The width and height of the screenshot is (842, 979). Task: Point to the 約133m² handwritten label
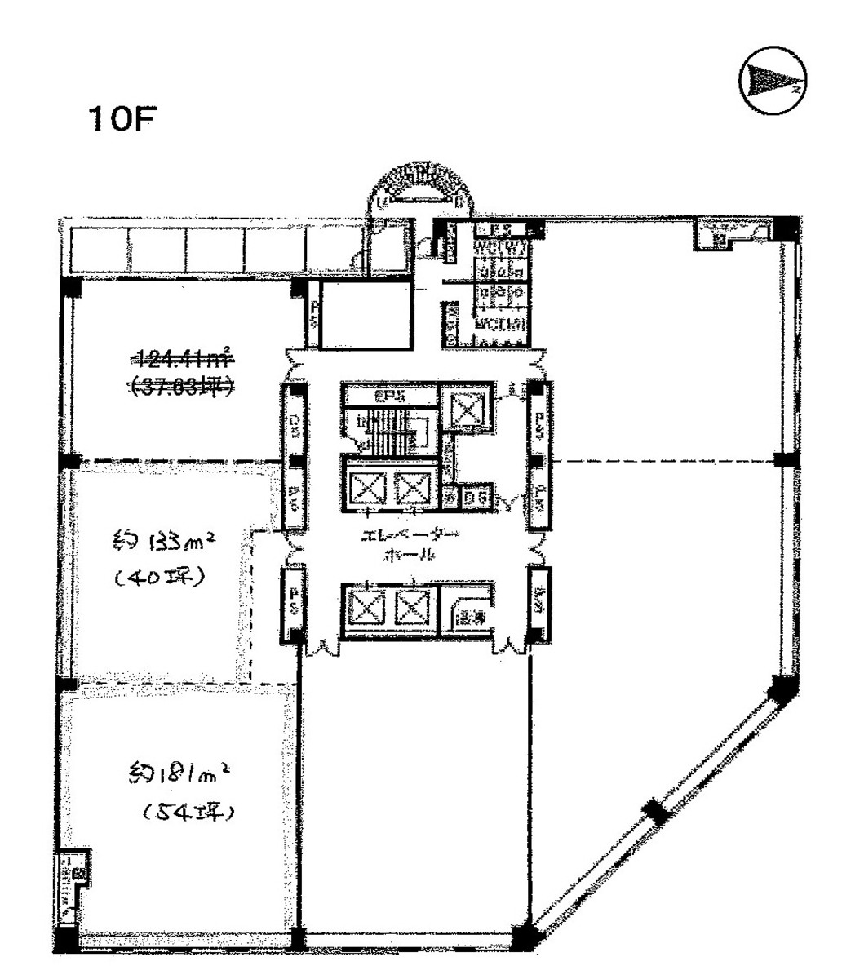[166, 542]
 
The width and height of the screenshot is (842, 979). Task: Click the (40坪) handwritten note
[159, 578]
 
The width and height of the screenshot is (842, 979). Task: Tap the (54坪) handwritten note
[187, 812]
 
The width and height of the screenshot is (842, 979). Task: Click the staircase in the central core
[388, 432]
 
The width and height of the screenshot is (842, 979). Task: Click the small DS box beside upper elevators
[475, 495]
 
